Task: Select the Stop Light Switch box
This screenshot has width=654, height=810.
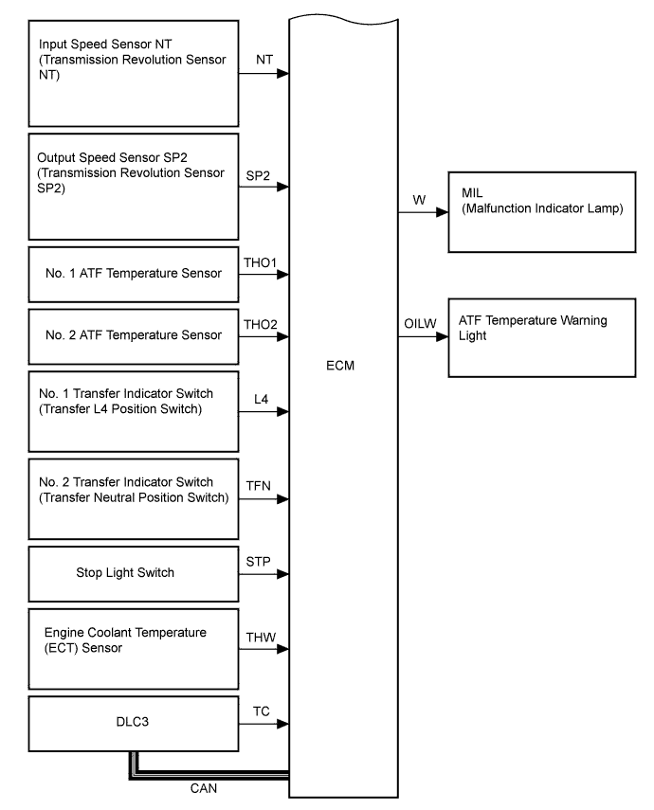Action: click(x=132, y=573)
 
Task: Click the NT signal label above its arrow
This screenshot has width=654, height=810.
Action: click(x=265, y=59)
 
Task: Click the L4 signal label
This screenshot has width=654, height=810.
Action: click(x=262, y=399)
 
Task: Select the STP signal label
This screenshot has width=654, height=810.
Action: click(x=259, y=561)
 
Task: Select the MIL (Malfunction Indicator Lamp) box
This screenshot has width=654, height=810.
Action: click(x=538, y=211)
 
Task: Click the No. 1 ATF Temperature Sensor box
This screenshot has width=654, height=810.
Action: click(x=132, y=275)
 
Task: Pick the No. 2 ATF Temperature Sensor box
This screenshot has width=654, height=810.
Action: click(x=132, y=335)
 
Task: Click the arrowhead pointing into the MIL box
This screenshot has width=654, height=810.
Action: click(x=442, y=213)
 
